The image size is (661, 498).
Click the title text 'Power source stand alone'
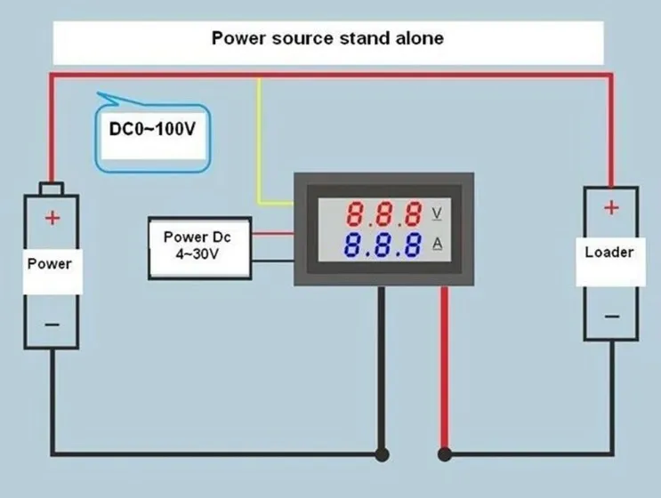(327, 38)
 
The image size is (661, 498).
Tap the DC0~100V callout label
(152, 129)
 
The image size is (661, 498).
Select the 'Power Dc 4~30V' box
(200, 248)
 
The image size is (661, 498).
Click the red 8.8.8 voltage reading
(383, 213)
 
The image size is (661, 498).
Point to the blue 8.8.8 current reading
(383, 245)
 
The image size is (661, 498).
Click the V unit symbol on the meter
(437, 213)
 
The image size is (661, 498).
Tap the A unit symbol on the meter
(438, 244)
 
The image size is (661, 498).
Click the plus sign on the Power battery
(52, 218)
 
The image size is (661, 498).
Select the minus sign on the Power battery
(52, 325)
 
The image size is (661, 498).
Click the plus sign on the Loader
(612, 208)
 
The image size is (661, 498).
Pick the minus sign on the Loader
(612, 317)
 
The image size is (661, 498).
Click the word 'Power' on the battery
(49, 264)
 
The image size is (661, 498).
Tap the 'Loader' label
(609, 252)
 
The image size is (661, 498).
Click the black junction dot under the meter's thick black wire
(382, 454)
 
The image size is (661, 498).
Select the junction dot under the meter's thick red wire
(445, 454)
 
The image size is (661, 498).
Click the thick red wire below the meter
(444, 366)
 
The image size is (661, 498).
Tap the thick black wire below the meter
(381, 366)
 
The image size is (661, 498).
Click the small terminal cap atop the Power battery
(52, 189)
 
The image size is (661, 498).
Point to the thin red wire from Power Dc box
(273, 233)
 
